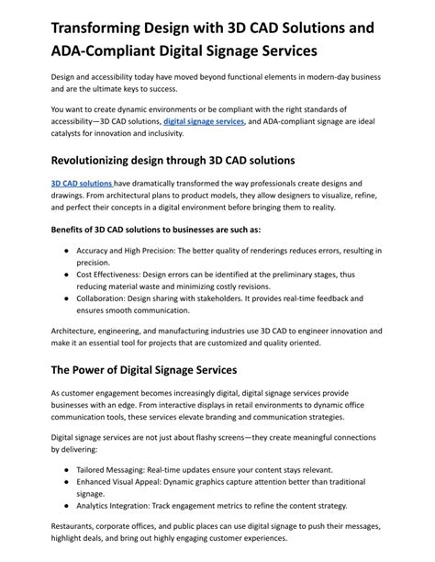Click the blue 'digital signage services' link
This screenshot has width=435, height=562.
(x=203, y=121)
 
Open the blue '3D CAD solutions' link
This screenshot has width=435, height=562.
(x=82, y=184)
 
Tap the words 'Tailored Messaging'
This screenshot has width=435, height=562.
(x=115, y=468)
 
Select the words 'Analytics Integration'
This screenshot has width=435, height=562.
(x=117, y=506)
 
